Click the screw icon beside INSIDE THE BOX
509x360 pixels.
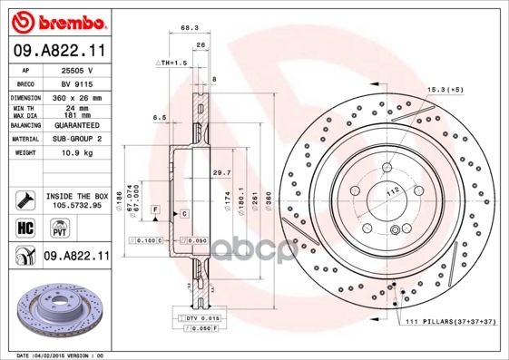click(x=25, y=199)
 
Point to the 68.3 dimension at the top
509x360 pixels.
click(x=191, y=27)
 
